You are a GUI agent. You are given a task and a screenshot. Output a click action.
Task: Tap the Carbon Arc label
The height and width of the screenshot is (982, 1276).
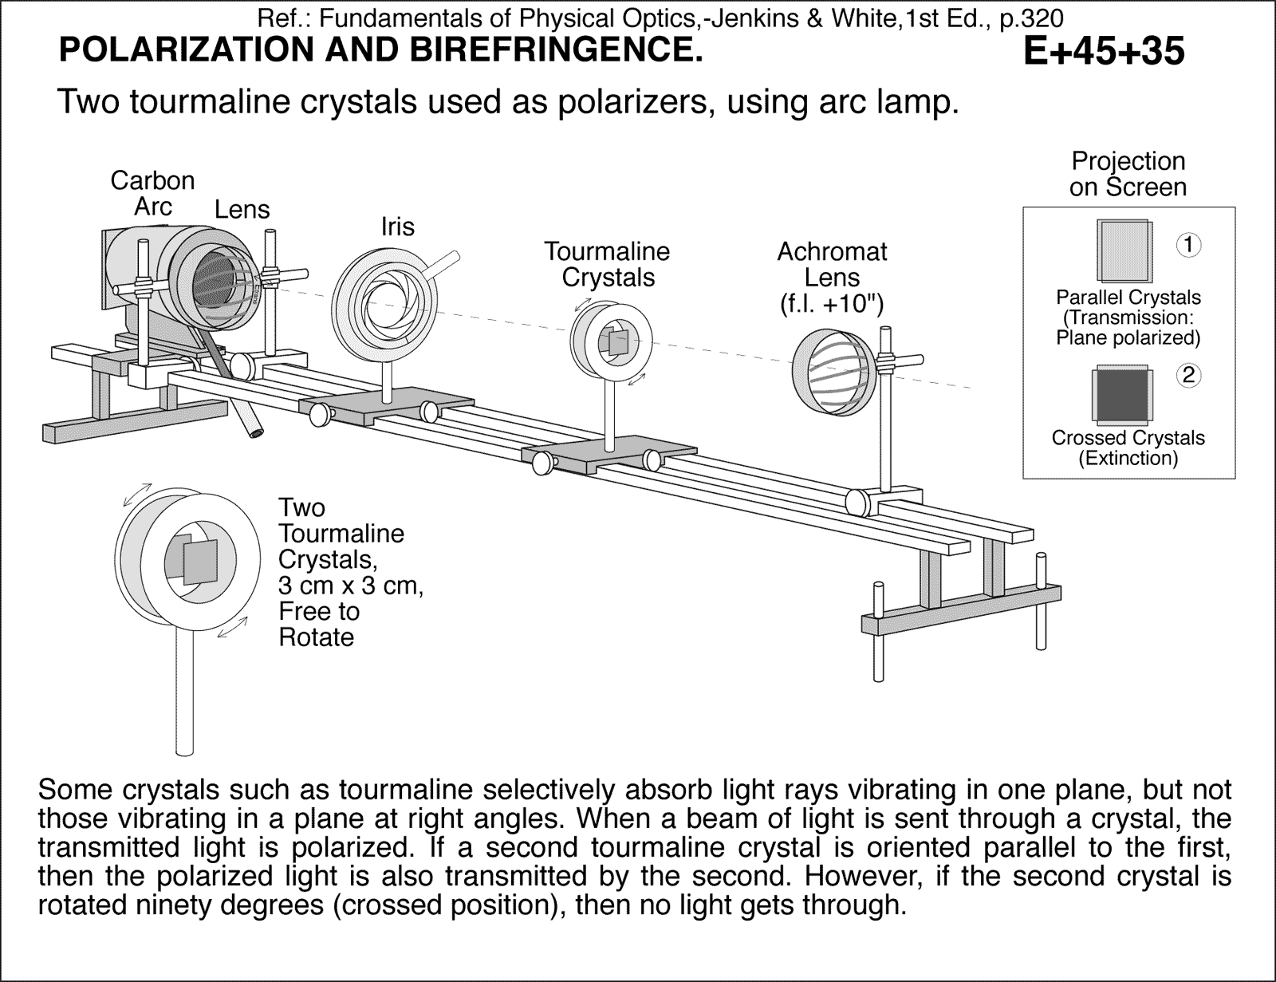tap(152, 193)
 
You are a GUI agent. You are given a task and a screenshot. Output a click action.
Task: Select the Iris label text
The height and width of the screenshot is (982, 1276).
tap(397, 227)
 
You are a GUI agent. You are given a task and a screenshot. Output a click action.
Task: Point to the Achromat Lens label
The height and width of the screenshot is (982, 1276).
tap(832, 264)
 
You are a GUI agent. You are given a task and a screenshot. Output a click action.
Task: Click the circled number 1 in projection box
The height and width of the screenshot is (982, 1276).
tap(1188, 244)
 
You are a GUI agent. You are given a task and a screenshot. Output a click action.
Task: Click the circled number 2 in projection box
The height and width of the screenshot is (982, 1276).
tap(1188, 375)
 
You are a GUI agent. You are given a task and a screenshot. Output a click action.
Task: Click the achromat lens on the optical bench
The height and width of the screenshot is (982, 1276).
tap(834, 373)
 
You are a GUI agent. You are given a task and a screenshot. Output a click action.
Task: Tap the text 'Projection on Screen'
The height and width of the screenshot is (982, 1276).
tap(1128, 174)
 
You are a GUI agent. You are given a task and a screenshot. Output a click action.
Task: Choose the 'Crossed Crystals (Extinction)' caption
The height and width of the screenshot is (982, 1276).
tap(1128, 448)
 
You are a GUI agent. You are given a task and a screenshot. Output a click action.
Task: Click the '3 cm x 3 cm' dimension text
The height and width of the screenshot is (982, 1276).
tap(349, 585)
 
